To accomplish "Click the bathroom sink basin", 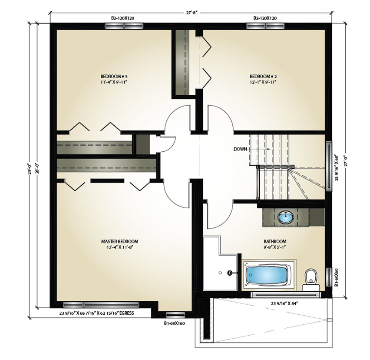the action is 286,217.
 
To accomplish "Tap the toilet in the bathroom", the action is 311,280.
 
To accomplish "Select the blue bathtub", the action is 267,275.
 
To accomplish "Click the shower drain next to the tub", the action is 229,273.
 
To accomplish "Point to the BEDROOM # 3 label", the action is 114,77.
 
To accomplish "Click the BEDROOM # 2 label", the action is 263,77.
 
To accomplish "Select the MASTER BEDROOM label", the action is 119,241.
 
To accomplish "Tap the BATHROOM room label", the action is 275,241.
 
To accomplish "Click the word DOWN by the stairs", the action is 240,149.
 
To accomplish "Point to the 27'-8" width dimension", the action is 192,13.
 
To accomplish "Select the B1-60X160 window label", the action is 175,323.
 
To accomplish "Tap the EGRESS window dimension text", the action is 97,313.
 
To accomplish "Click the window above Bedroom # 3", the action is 124,26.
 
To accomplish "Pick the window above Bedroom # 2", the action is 265,26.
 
